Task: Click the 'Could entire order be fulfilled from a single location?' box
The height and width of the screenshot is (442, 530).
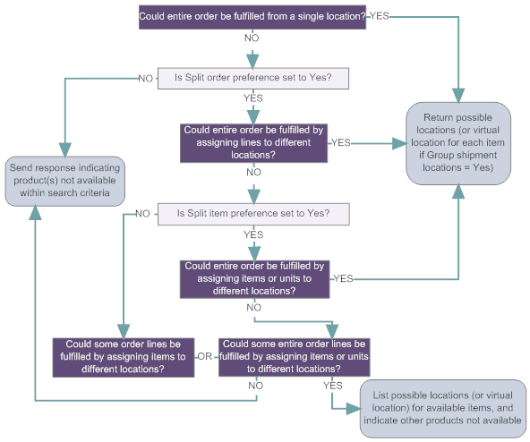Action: (x=252, y=17)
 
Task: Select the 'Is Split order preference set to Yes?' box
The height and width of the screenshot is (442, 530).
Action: (x=252, y=78)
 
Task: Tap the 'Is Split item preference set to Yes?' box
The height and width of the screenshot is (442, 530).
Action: (x=252, y=214)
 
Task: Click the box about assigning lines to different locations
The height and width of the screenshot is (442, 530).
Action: (x=254, y=141)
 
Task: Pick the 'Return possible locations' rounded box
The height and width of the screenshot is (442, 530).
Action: (x=459, y=143)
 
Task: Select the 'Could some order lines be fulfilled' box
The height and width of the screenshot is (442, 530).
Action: (x=124, y=356)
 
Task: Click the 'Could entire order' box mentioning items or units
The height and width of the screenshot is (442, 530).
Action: (x=254, y=278)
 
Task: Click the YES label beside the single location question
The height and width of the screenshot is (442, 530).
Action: (x=380, y=17)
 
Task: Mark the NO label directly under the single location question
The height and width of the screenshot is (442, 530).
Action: (x=253, y=39)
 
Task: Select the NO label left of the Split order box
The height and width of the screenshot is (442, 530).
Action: (x=145, y=78)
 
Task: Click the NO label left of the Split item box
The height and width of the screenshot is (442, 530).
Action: (x=141, y=214)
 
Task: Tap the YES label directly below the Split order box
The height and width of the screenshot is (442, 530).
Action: (x=253, y=98)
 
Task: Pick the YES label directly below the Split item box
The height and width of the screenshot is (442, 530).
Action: (x=253, y=234)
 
